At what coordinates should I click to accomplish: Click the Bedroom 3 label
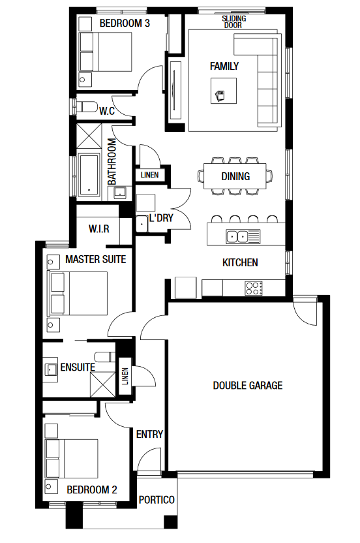(125, 23)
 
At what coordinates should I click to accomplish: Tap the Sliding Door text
(234, 22)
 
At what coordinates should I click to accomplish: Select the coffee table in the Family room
(224, 91)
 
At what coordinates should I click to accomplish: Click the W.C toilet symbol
(86, 106)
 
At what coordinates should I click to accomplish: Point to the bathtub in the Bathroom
(89, 175)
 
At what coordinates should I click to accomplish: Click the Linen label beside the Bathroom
(149, 175)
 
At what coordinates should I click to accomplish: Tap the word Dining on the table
(235, 176)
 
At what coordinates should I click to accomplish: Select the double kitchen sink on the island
(243, 236)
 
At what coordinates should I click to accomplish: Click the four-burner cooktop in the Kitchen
(254, 288)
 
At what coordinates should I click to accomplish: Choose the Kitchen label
(240, 262)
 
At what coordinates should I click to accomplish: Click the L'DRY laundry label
(161, 218)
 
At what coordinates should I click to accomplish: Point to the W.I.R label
(99, 228)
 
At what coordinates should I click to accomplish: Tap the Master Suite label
(95, 259)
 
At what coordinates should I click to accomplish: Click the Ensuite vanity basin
(50, 370)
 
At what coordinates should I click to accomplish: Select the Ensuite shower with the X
(102, 384)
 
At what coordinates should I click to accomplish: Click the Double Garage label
(248, 386)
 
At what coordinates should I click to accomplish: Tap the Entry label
(149, 434)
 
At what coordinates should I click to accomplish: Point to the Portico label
(157, 500)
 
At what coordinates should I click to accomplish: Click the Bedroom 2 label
(92, 489)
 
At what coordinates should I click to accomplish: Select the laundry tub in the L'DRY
(142, 224)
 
